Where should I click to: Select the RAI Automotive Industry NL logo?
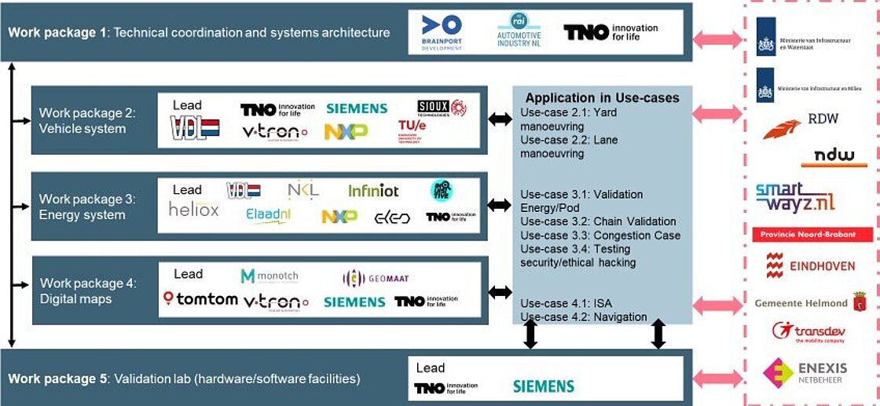coord(519,31)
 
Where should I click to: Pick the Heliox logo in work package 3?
coord(193,210)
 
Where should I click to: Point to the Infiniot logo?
coord(373,190)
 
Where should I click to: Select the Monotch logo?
coord(269,276)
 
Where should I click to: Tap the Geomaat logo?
coord(376,278)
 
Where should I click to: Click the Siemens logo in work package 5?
coord(543,386)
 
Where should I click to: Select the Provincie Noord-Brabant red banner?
coord(812,235)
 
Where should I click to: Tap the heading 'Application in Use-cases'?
coord(602,98)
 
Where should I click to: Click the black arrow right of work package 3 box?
coord(499,205)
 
